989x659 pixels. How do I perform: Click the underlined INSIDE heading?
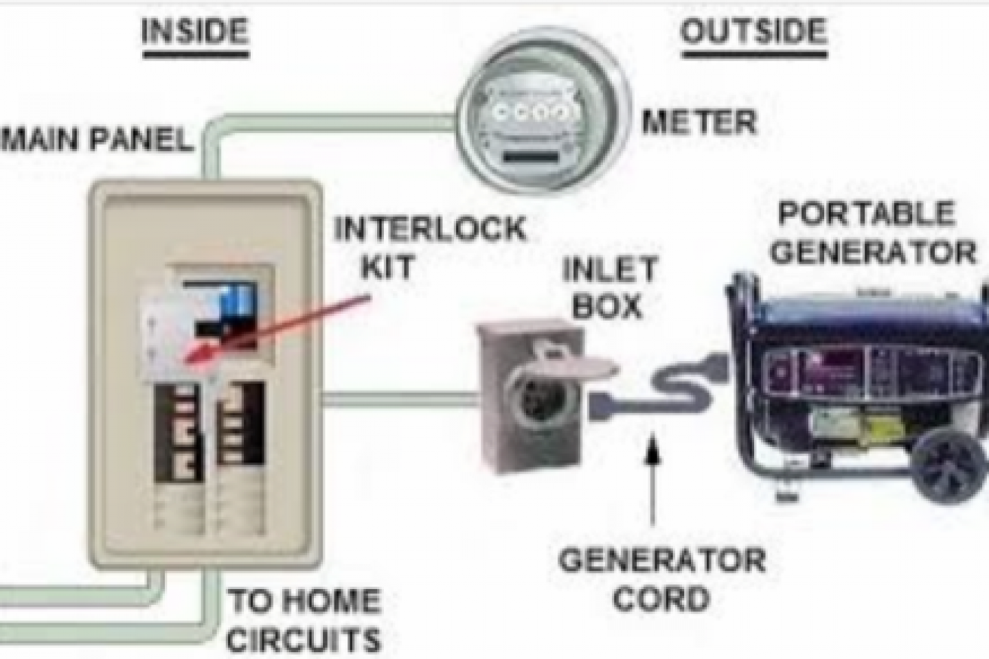194,32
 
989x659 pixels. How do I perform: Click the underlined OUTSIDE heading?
753,32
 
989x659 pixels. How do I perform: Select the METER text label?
698,124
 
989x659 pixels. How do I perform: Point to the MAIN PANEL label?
96,140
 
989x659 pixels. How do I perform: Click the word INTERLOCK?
430,229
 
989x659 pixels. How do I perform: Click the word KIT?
387,267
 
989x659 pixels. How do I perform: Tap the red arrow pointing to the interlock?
275,327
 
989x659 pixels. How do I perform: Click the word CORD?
661,599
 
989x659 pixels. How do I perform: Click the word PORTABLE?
866,215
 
